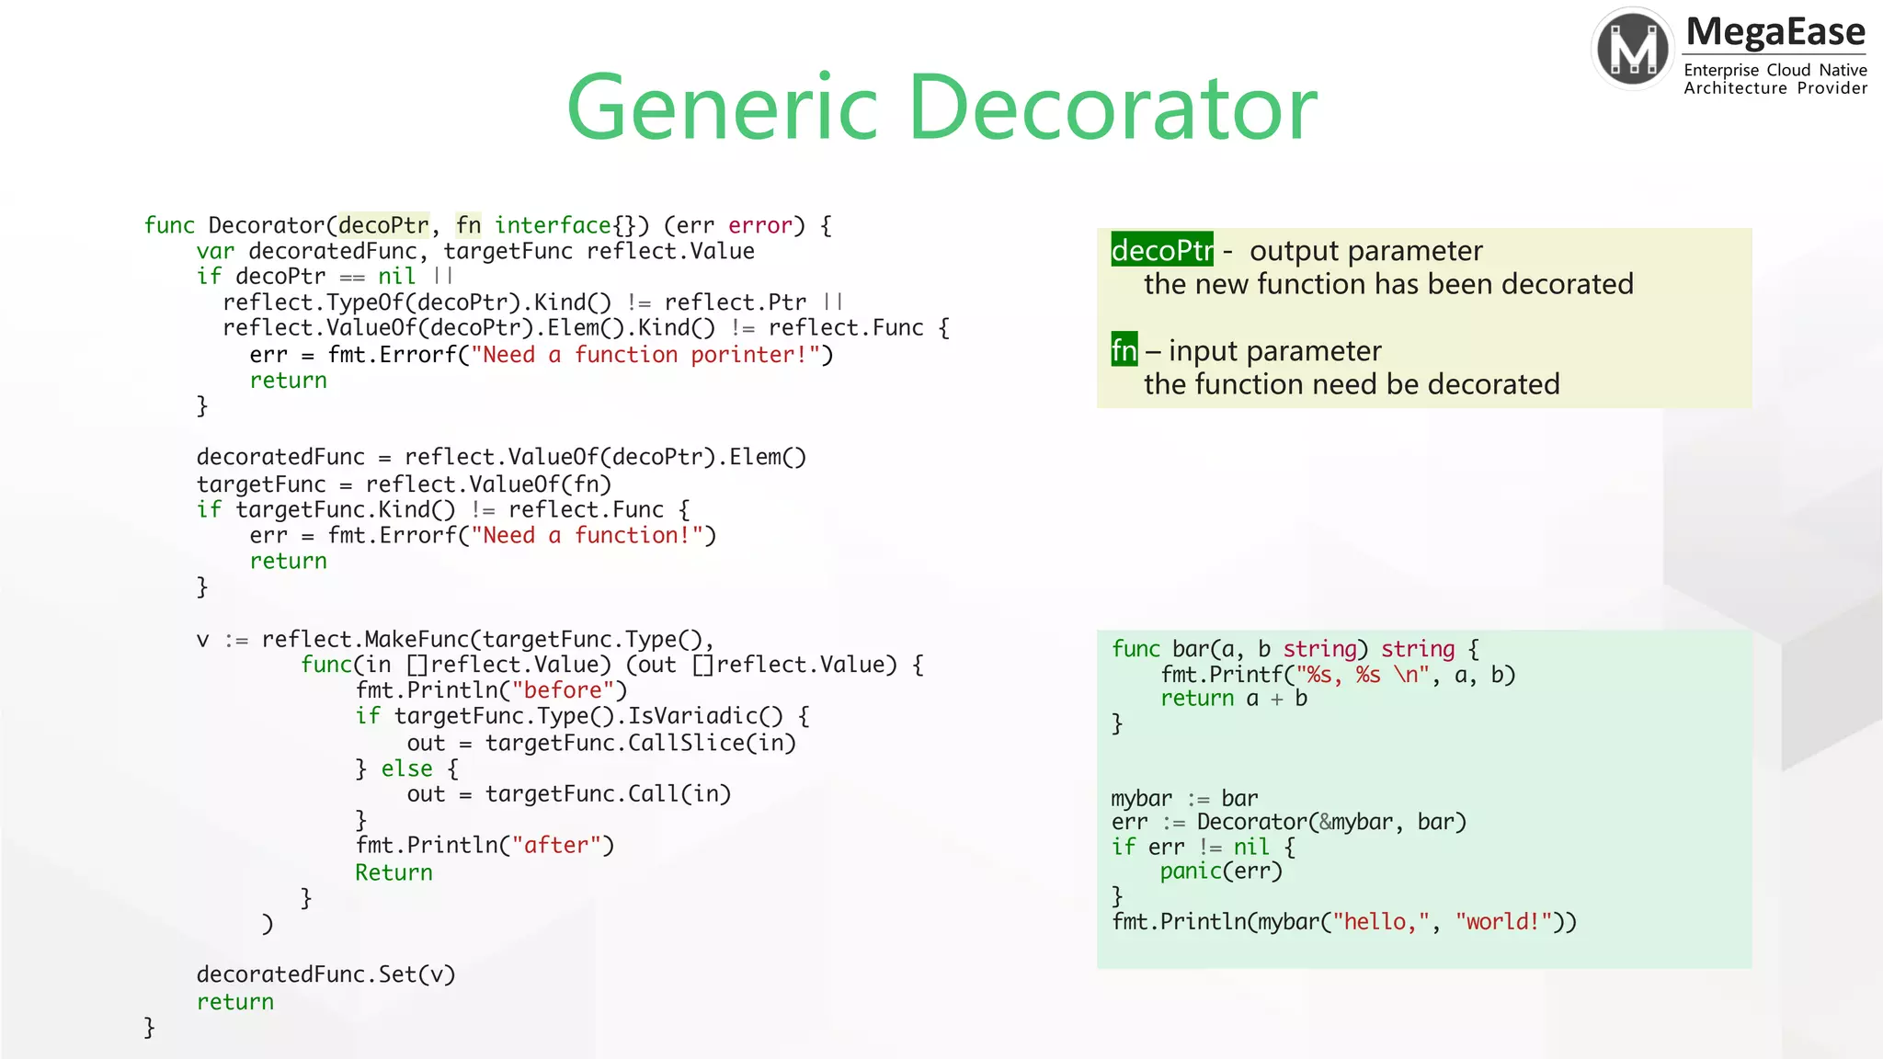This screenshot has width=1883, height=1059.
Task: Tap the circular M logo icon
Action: coord(1633,48)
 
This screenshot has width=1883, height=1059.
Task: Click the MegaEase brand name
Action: coord(1775,32)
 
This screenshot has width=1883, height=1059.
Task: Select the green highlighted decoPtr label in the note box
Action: coord(1161,250)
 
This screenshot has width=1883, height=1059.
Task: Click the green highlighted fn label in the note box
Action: coord(1124,350)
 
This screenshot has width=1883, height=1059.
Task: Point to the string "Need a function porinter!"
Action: coord(645,355)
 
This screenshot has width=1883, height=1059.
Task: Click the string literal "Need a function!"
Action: coord(587,535)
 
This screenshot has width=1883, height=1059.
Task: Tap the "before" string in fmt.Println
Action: coord(563,690)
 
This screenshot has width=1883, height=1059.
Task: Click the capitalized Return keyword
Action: coord(394,872)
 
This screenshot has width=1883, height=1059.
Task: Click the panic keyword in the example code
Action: coord(1190,871)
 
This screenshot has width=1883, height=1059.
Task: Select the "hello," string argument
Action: coord(1375,922)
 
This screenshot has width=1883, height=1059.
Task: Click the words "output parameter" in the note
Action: coord(1365,251)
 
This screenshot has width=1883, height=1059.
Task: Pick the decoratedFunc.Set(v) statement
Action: coord(325,974)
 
